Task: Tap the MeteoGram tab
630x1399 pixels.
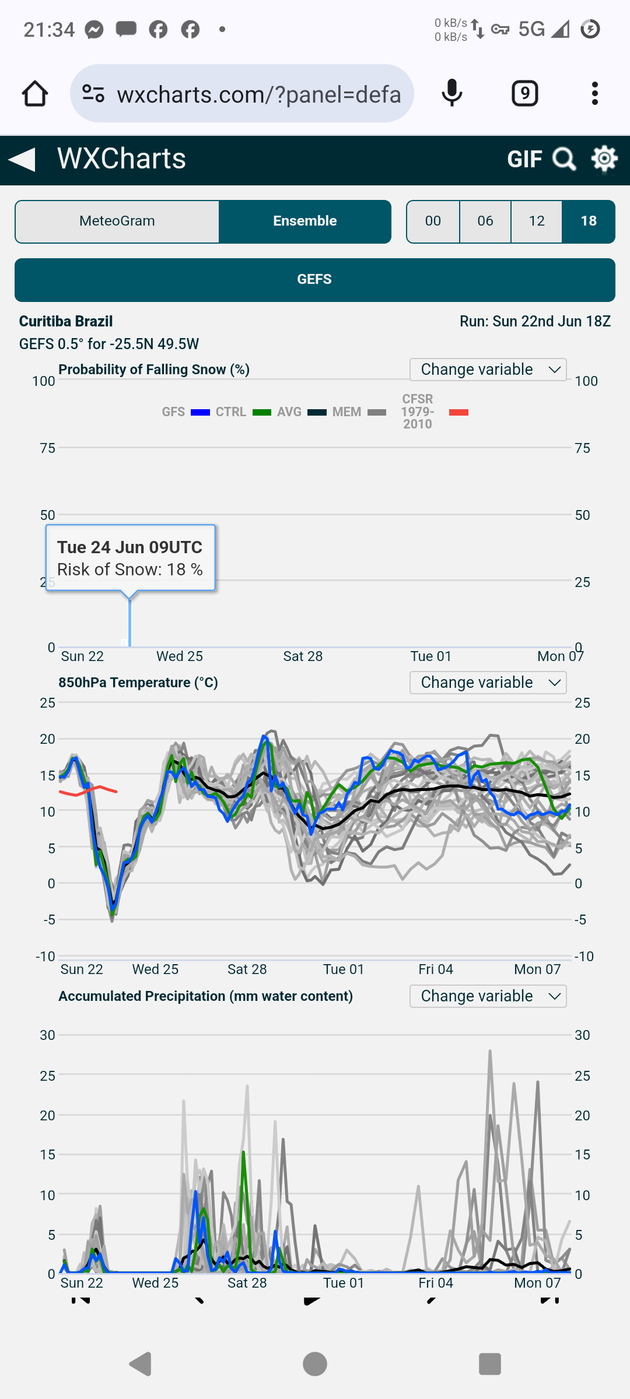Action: tap(117, 222)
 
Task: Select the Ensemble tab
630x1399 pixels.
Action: tap(304, 222)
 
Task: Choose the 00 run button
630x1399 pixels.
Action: tap(433, 222)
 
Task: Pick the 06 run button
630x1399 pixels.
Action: tap(485, 222)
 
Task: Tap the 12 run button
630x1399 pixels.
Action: tap(537, 222)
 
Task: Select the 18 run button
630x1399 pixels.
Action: tap(588, 222)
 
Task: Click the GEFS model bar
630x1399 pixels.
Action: tap(315, 280)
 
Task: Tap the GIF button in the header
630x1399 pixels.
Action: tap(524, 159)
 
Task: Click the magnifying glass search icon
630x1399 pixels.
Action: tap(564, 159)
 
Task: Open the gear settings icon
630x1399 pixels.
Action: tap(604, 159)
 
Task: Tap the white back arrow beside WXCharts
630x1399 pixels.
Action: tap(22, 159)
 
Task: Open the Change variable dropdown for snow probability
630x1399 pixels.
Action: tap(488, 370)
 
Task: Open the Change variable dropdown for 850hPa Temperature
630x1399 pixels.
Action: tap(488, 683)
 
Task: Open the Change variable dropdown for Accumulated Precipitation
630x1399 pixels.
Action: tap(488, 996)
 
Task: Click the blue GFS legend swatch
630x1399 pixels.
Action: tap(200, 413)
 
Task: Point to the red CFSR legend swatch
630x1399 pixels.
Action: tap(459, 413)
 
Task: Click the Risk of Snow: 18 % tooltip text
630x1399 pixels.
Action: tap(130, 570)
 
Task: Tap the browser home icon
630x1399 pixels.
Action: tap(35, 94)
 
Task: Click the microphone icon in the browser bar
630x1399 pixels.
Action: tap(452, 94)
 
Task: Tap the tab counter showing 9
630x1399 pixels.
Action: tap(525, 94)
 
